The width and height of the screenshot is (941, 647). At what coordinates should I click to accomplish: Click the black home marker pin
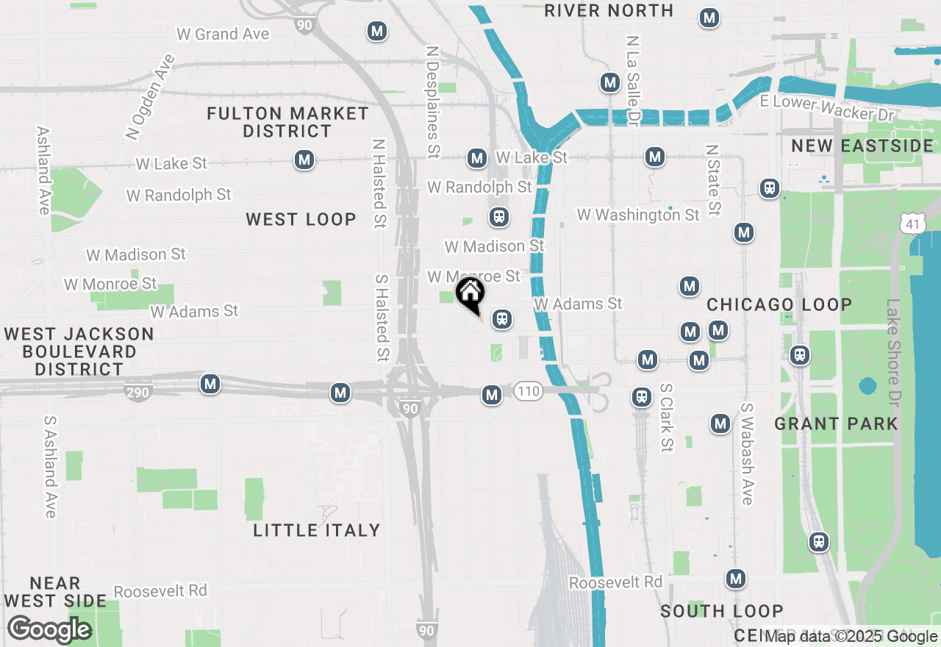pos(470,294)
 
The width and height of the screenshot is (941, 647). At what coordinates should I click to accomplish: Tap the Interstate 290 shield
pos(137,392)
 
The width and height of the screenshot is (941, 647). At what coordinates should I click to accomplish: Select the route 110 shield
pos(528,390)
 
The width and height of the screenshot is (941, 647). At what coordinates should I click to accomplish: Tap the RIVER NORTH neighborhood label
pos(609,10)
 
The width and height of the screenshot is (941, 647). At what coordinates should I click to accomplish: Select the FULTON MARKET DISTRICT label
pos(287,122)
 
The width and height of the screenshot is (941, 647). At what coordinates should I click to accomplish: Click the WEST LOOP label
pos(301,219)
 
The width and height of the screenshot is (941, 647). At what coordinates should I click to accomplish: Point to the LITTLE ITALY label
pos(317,530)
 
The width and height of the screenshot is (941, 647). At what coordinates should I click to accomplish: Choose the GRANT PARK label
pos(836,423)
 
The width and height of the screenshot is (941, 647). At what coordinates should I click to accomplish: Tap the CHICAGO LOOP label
pos(779,304)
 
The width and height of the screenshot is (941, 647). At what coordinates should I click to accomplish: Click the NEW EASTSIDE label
pos(862,146)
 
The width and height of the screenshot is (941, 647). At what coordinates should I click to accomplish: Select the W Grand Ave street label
pos(223,34)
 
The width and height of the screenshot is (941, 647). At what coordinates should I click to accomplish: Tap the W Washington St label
pos(638,215)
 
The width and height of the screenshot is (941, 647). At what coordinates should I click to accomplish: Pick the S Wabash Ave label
pos(747,454)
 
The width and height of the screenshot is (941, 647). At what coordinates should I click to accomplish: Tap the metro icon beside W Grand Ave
pos(377,31)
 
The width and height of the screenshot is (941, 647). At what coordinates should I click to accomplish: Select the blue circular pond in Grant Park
pos(867,386)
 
